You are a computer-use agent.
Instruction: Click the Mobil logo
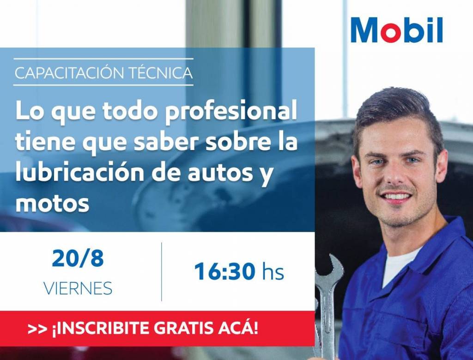click(397, 30)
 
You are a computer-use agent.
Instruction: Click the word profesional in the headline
click(230, 112)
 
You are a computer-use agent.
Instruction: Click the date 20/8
click(78, 259)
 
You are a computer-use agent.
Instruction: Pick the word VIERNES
click(78, 288)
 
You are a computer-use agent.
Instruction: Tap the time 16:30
click(224, 271)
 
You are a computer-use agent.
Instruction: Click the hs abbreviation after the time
click(273, 271)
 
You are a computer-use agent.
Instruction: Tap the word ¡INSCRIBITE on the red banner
click(101, 328)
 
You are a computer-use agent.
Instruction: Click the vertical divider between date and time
click(162, 271)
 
